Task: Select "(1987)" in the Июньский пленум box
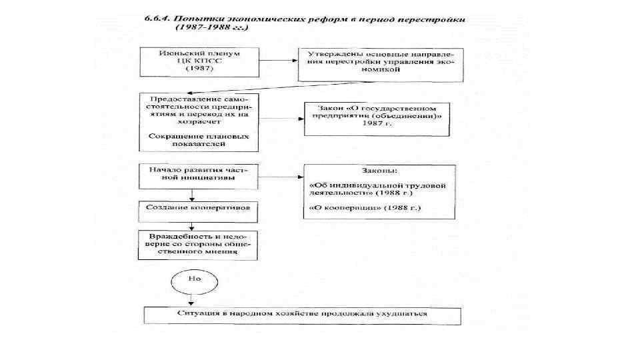pyautogui.click(x=191, y=68)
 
